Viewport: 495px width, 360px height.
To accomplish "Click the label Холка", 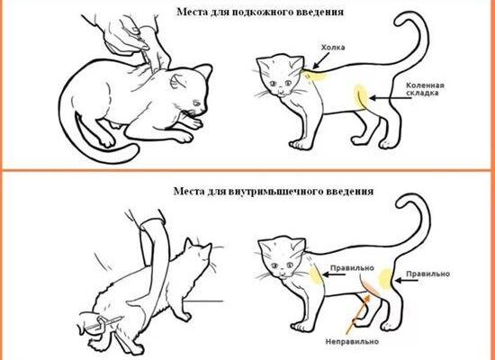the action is pos(333,48).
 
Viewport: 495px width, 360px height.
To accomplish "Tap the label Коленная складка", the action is pos(425,89).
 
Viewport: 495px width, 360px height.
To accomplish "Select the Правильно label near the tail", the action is pos(427,274).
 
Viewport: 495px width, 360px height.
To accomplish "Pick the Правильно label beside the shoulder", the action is pos(352,268).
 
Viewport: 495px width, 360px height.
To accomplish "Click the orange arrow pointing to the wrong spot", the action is pos(357,314).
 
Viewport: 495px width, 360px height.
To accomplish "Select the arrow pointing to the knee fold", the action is pos(391,98).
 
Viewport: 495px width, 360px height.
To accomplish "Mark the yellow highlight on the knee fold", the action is pos(361,96).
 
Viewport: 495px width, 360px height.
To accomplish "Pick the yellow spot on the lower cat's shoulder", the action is pos(315,274).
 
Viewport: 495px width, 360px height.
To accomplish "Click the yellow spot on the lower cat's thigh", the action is pos(385,278).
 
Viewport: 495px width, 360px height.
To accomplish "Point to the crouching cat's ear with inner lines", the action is pos(177,82).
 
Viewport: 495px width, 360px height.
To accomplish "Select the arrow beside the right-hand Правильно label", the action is pos(407,280).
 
